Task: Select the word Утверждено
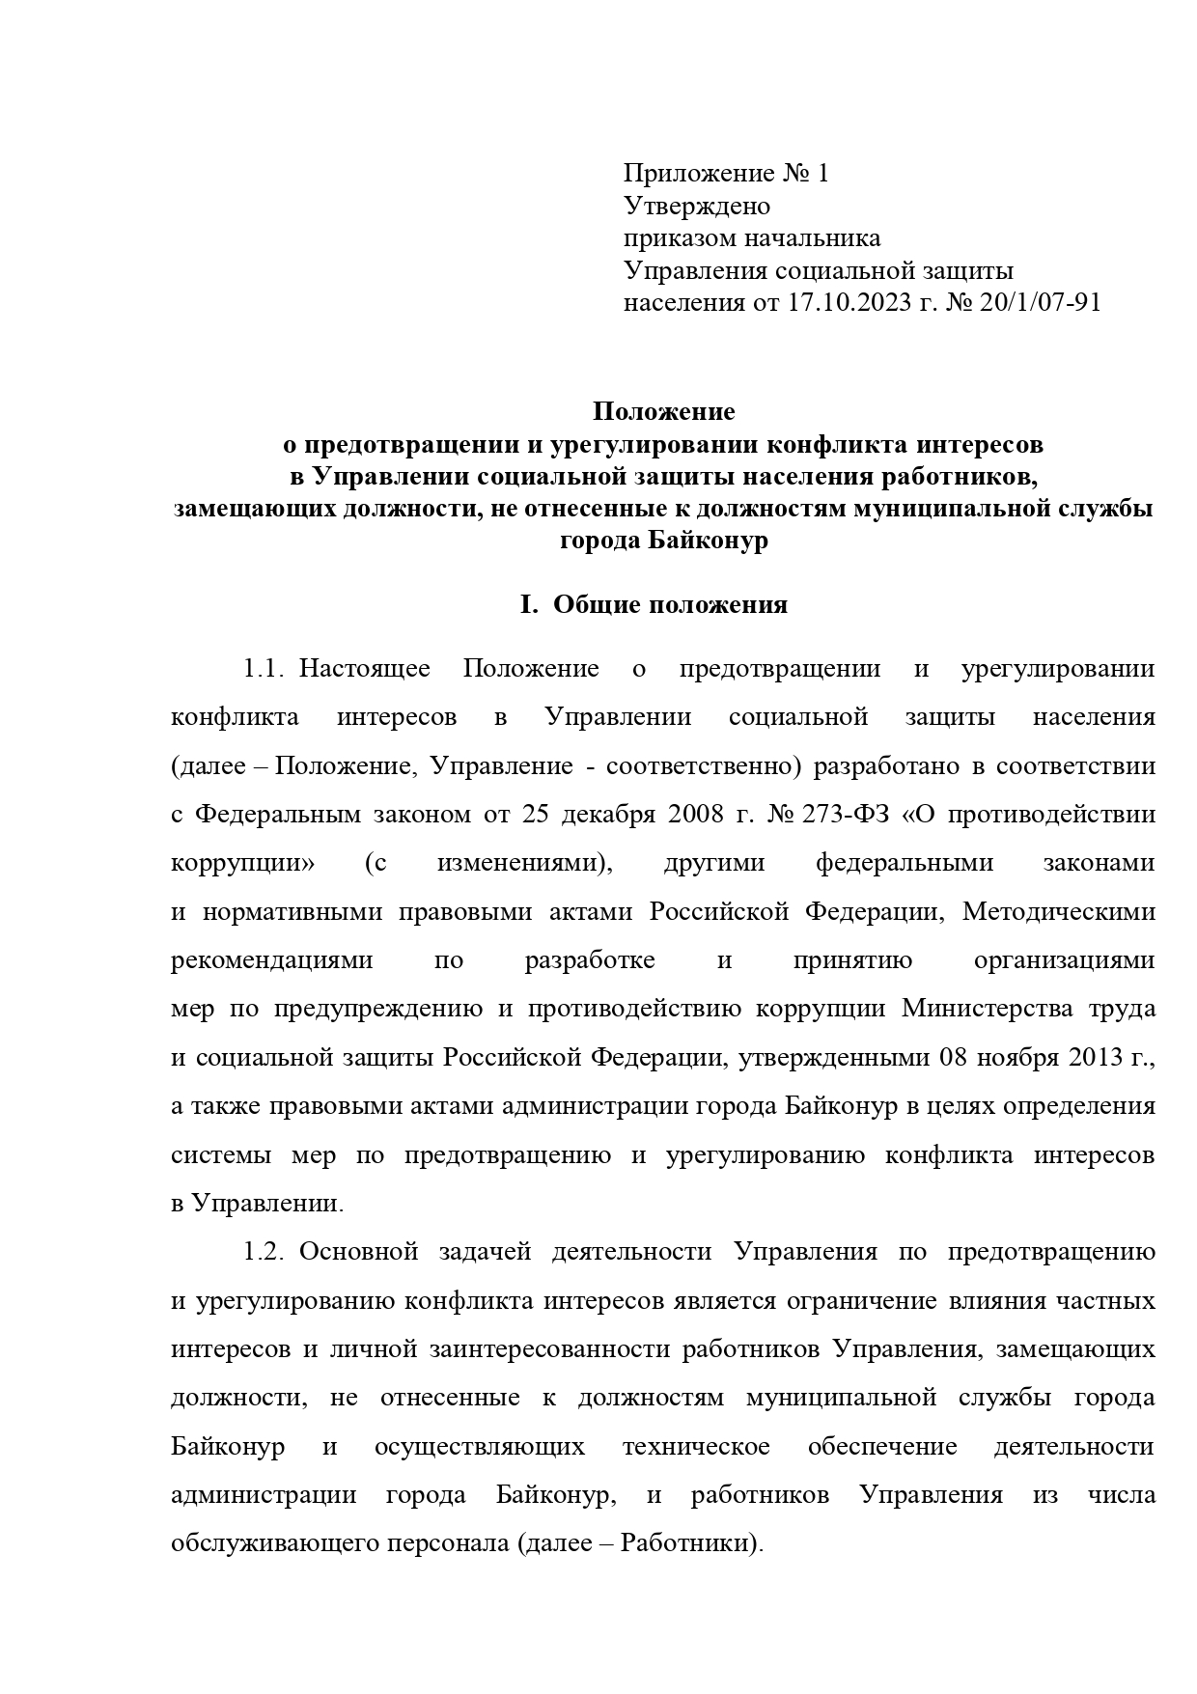point(696,207)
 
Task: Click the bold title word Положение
point(663,412)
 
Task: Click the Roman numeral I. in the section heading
point(527,605)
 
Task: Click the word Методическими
point(1058,911)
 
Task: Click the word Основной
point(358,1252)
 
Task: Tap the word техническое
point(696,1447)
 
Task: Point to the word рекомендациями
point(271,960)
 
